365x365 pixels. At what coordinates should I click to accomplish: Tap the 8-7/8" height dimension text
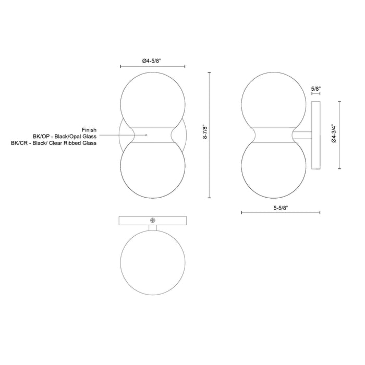[x=205, y=135]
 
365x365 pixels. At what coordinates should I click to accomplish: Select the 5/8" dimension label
[x=315, y=89]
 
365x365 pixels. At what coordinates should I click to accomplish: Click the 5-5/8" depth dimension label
[x=281, y=208]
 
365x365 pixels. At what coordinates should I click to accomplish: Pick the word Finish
[x=89, y=129]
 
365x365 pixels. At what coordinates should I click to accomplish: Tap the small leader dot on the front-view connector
[x=147, y=135]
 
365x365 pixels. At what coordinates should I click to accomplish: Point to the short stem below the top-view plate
[x=152, y=227]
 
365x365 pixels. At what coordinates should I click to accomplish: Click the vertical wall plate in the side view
[x=315, y=135]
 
